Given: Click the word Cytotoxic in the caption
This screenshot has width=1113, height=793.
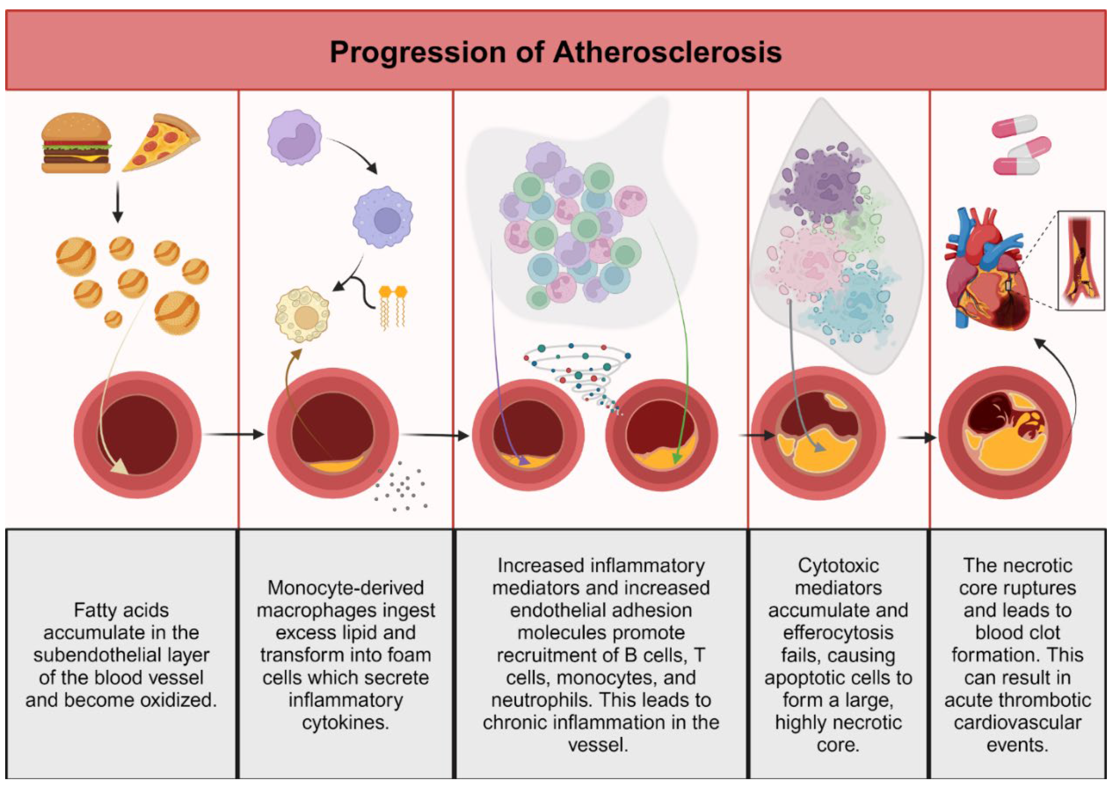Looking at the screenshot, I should (838, 565).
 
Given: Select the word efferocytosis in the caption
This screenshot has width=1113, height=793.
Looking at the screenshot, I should (838, 633).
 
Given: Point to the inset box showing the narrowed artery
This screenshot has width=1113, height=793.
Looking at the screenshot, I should (1080, 260).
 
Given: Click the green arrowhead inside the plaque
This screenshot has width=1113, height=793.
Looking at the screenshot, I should (677, 459).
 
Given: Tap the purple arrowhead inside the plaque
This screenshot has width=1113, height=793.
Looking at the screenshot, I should (524, 460).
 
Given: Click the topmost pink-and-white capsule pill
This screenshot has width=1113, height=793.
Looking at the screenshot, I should (1014, 126).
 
